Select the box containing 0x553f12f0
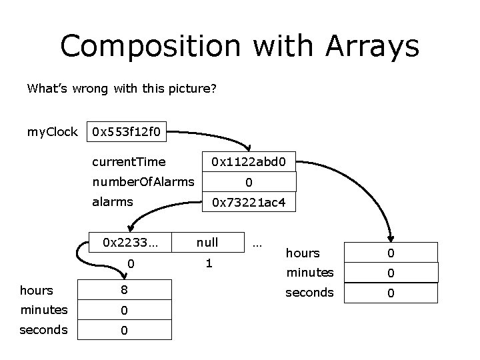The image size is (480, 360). click(x=127, y=132)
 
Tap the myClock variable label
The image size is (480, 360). click(x=52, y=132)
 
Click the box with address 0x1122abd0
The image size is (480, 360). click(x=249, y=161)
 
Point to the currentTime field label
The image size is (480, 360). click(x=129, y=161)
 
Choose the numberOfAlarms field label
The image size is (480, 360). click(x=143, y=181)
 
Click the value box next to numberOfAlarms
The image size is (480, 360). click(x=249, y=182)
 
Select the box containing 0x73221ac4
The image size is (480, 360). click(x=249, y=202)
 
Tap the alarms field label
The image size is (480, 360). click(x=113, y=202)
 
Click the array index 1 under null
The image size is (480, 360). click(x=209, y=263)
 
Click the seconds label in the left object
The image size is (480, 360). click(x=44, y=330)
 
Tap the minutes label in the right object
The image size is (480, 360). click(x=309, y=272)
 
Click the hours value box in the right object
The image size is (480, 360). click(x=391, y=253)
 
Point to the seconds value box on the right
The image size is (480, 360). click(x=391, y=293)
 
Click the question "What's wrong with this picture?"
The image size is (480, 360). click(x=121, y=88)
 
